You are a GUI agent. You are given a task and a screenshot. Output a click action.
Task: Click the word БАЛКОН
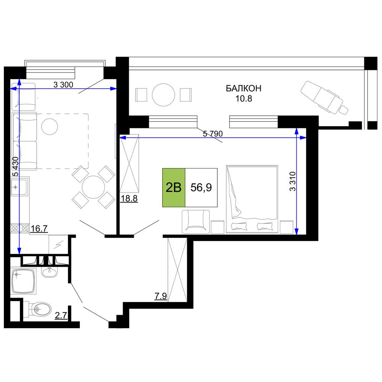243,88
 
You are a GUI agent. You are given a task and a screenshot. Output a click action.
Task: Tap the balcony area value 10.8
243,99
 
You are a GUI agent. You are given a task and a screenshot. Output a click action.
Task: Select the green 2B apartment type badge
174,188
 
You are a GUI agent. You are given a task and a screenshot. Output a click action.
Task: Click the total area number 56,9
201,188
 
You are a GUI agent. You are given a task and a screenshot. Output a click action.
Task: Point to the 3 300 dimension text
63,85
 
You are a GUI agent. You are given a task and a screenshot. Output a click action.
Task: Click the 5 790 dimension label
213,134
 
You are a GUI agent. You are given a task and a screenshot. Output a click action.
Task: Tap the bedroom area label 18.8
129,199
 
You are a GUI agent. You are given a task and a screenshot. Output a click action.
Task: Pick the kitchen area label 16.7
39,229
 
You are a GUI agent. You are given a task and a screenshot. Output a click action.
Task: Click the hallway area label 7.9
160,296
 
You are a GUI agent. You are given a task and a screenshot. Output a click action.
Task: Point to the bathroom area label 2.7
61,316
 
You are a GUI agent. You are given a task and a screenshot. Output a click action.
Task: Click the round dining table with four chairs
93,187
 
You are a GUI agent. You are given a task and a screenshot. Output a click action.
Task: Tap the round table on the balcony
163,95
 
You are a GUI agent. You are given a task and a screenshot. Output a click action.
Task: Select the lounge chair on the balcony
324,97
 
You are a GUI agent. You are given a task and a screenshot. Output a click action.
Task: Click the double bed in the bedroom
252,199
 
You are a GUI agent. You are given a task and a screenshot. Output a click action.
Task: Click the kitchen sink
19,187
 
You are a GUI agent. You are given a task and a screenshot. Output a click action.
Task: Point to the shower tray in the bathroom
23,281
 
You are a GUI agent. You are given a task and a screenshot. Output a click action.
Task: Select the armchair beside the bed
196,222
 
